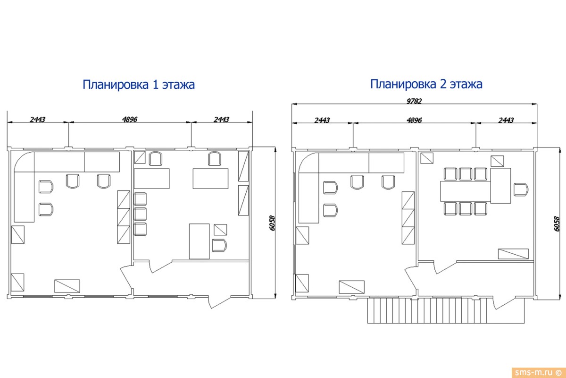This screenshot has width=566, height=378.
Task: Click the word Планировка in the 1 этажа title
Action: [116, 85]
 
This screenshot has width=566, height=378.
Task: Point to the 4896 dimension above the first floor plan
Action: [130, 120]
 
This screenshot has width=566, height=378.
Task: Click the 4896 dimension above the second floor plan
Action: [414, 120]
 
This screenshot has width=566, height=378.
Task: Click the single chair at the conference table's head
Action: [521, 190]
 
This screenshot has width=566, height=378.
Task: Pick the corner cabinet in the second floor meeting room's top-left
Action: [427, 158]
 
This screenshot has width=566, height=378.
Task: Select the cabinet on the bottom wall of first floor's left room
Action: [68, 286]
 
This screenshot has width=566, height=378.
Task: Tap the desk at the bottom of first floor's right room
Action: [199, 241]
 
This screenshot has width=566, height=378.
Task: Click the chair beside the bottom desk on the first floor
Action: [219, 246]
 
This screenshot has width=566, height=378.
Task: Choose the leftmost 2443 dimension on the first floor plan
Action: [37, 120]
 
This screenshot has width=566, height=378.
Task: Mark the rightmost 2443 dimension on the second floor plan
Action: [506, 120]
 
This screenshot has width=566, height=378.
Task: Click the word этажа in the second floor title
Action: [466, 84]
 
